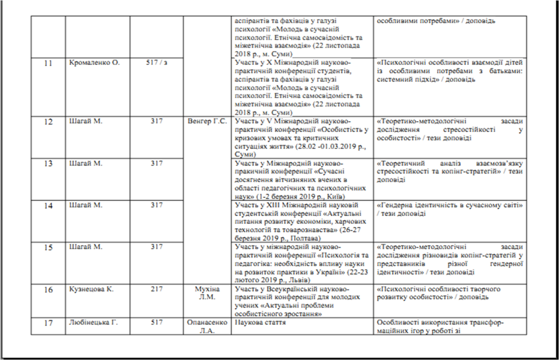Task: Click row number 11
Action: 48,63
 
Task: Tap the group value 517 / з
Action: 157,63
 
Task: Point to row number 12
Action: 48,122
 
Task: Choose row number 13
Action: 48,163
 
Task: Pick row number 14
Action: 48,205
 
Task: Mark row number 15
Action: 48,247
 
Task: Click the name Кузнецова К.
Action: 92,289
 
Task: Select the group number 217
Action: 157,289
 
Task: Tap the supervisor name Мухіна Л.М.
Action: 206,293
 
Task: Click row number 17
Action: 48,323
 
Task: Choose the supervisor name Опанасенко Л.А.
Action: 206,326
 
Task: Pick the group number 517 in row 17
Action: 157,322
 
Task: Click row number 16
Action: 48,290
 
